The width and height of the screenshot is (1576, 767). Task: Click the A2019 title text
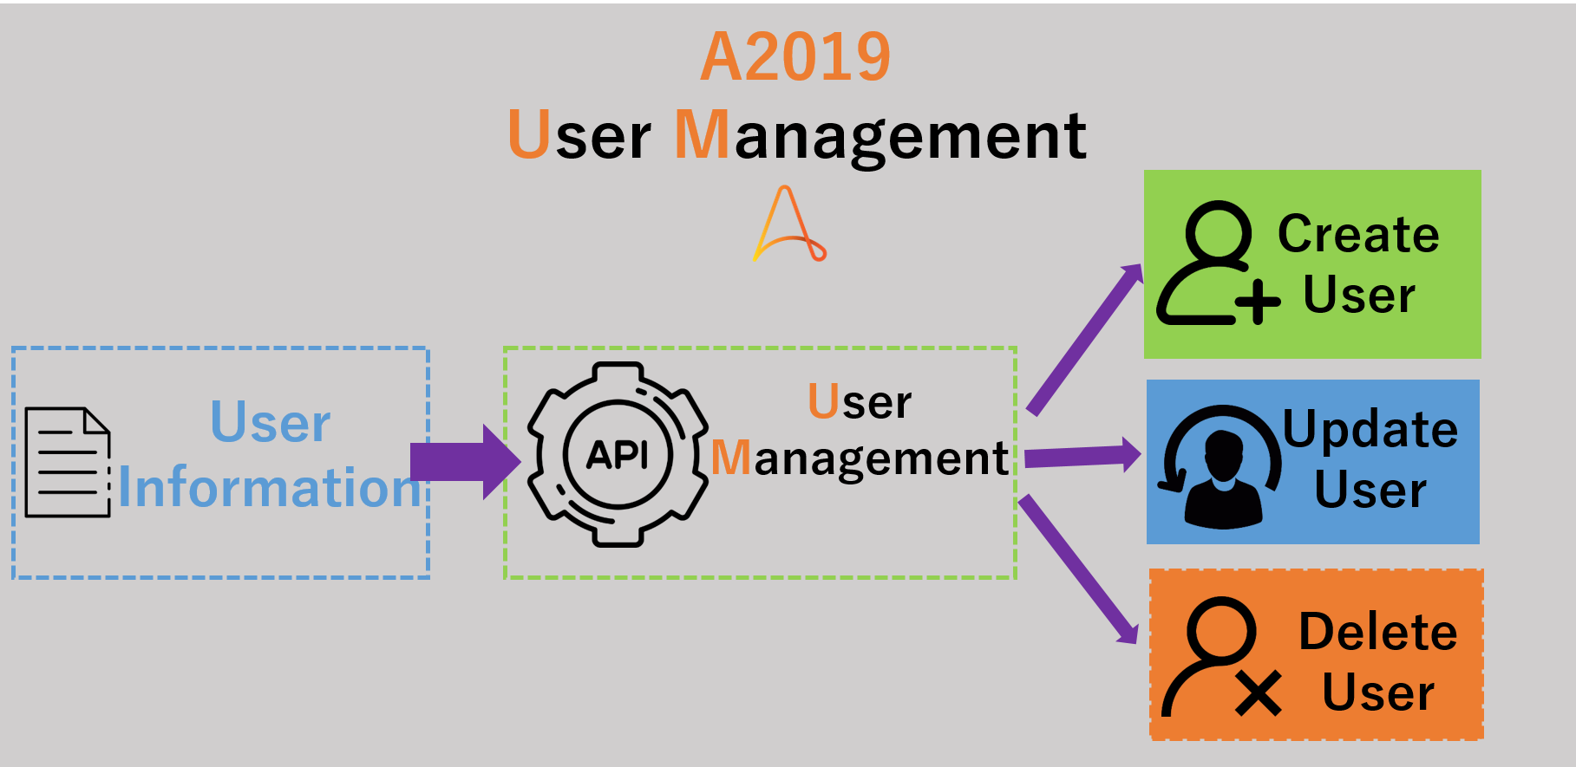tap(795, 57)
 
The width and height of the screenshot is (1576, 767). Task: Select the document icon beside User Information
tap(68, 463)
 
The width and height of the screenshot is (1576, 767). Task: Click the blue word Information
tap(269, 487)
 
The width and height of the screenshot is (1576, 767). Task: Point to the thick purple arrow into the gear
tap(463, 461)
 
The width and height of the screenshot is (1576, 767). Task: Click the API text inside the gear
tap(618, 454)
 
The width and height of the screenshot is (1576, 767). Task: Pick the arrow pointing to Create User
tap(1084, 338)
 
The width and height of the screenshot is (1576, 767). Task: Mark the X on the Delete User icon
tap(1259, 693)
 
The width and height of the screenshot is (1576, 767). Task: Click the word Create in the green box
tap(1358, 234)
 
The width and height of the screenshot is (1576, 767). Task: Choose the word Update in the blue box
tap(1370, 430)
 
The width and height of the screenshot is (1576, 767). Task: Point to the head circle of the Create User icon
tap(1218, 232)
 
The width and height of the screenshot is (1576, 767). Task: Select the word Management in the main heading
tap(880, 136)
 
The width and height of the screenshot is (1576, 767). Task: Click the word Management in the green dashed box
tap(860, 458)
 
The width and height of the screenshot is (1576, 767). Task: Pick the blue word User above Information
tap(271, 423)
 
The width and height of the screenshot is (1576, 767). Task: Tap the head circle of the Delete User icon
tap(1221, 629)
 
